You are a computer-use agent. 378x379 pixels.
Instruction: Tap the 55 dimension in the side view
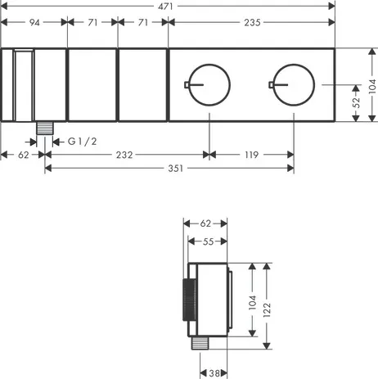(208, 241)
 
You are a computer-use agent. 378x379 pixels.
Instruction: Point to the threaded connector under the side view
(197, 345)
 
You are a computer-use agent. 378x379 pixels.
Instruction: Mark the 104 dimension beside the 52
(372, 84)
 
